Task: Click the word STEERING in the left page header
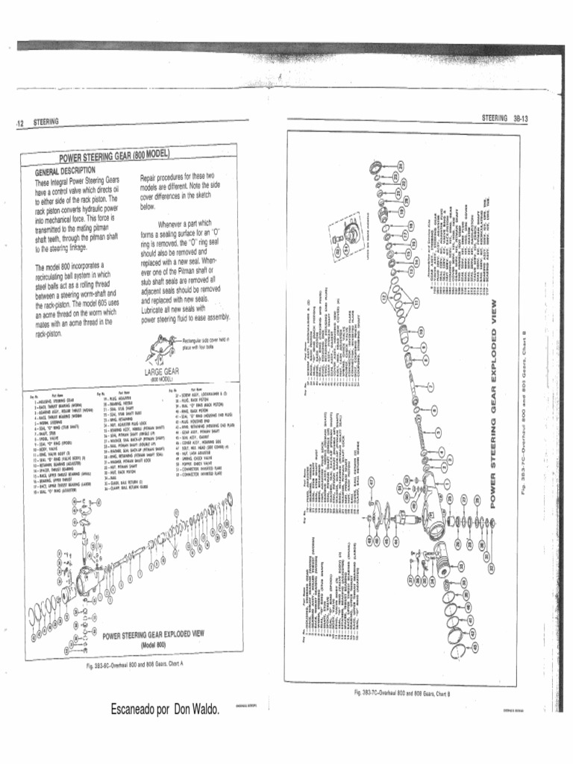click(x=46, y=121)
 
